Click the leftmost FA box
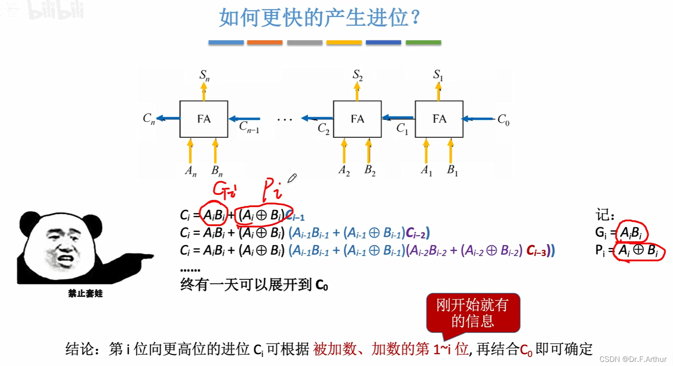[x=203, y=119]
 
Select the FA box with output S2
[x=357, y=119]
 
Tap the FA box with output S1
[x=439, y=119]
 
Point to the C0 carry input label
[x=503, y=120]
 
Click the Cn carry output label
[x=149, y=119]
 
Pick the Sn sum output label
[x=204, y=75]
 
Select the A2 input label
[x=344, y=170]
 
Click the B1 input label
[x=452, y=170]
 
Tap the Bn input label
[x=217, y=171]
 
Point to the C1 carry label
[x=402, y=129]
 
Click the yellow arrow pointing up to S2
[x=357, y=91]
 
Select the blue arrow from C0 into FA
[x=478, y=119]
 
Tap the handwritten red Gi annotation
[x=224, y=190]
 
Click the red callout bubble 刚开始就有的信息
[x=473, y=313]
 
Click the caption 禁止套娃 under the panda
[x=85, y=293]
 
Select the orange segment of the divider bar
[x=265, y=43]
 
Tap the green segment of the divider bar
[x=423, y=43]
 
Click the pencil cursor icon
[x=292, y=178]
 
